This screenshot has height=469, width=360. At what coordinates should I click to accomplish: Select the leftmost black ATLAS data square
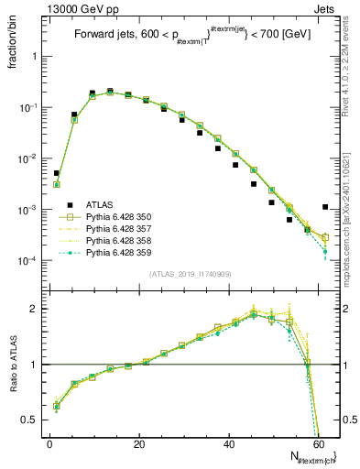(x=56, y=173)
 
